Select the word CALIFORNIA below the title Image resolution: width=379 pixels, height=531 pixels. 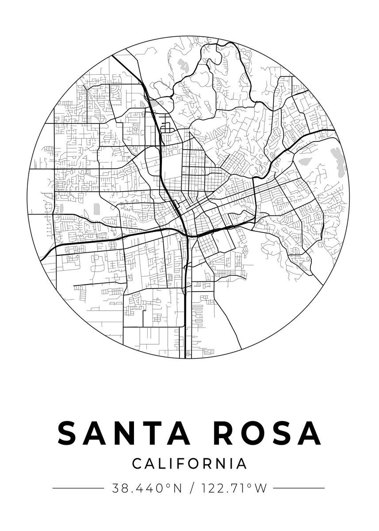(189, 464)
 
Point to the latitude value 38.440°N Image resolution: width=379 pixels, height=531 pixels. (147, 489)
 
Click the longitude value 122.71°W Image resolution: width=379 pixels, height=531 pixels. (234, 489)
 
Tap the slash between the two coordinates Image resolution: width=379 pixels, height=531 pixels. (191, 489)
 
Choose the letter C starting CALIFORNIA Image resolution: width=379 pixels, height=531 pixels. (137, 464)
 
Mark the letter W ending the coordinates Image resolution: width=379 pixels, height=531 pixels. (261, 489)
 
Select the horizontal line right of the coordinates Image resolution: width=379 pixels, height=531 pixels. (299, 489)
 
